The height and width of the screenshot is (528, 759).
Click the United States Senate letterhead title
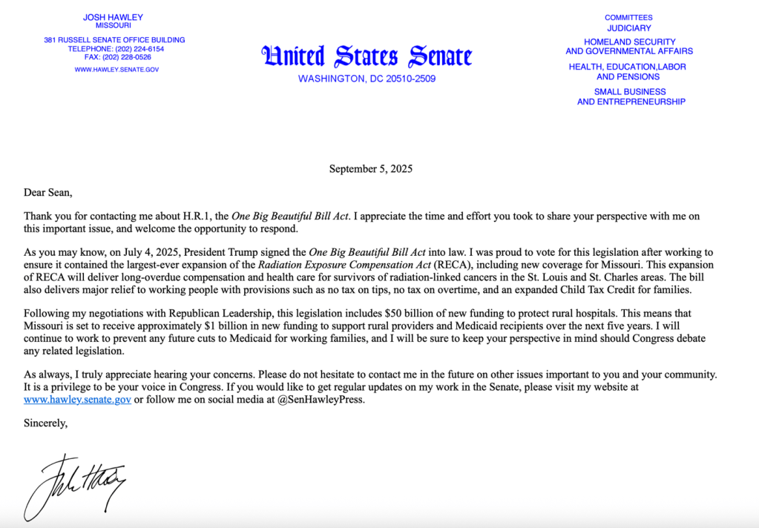[367, 56]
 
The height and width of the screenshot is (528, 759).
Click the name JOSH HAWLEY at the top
[114, 16]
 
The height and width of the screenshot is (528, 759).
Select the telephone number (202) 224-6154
[138, 48]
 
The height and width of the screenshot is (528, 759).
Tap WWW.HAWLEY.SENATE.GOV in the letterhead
[116, 70]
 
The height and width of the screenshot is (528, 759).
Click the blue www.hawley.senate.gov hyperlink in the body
[77, 399]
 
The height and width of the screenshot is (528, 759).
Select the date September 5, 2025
[370, 168]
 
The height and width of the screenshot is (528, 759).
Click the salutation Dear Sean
[48, 193]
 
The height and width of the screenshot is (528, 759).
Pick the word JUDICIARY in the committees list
[628, 28]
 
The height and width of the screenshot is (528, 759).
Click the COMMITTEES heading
[628, 17]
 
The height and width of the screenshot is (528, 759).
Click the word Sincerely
[45, 423]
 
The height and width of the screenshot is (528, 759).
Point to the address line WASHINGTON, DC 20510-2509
[367, 79]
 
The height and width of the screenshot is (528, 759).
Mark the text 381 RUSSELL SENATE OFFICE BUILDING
[114, 40]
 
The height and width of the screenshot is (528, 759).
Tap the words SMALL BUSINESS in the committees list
[631, 92]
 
